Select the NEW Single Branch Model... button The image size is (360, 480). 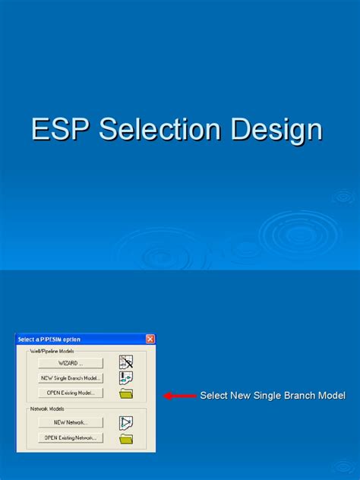tap(71, 378)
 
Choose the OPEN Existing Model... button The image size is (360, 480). tap(71, 393)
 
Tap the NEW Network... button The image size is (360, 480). tap(71, 422)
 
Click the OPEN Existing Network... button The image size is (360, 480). tap(71, 437)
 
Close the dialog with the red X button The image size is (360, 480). tap(150, 339)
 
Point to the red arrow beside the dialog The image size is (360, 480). tap(179, 396)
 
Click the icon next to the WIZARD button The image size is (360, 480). tap(126, 362)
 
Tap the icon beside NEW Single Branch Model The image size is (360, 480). tap(126, 377)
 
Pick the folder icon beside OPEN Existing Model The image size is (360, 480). tap(126, 393)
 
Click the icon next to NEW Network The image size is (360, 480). tap(126, 422)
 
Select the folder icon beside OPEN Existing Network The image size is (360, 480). tap(126, 438)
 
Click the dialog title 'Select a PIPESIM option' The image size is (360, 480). tap(49, 339)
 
